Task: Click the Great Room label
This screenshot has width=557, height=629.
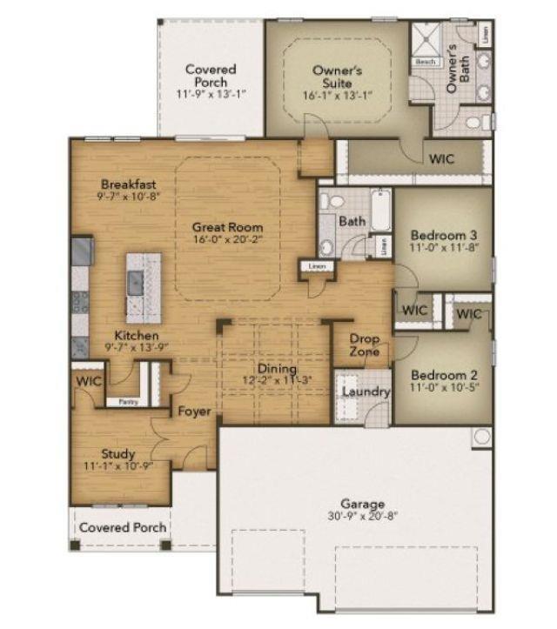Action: coord(227,227)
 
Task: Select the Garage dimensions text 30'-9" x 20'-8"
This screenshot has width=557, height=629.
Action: coord(363,517)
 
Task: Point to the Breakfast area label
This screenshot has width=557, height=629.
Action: coord(128,184)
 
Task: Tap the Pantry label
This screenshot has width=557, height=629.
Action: coord(125,402)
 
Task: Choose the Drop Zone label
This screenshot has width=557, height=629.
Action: coord(363,345)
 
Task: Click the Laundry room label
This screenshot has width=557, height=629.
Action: coord(365,391)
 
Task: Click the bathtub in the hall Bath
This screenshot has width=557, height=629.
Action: coord(381,210)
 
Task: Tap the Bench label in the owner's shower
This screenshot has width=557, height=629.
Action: coord(426,63)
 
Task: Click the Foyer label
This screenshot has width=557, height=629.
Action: coord(194,411)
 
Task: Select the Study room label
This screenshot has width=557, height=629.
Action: coord(117,453)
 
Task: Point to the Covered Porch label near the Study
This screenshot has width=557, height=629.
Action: coord(122,527)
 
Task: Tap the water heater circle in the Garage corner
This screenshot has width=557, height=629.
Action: coord(482,437)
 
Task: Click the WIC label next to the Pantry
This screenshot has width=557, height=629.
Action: coord(89,382)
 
